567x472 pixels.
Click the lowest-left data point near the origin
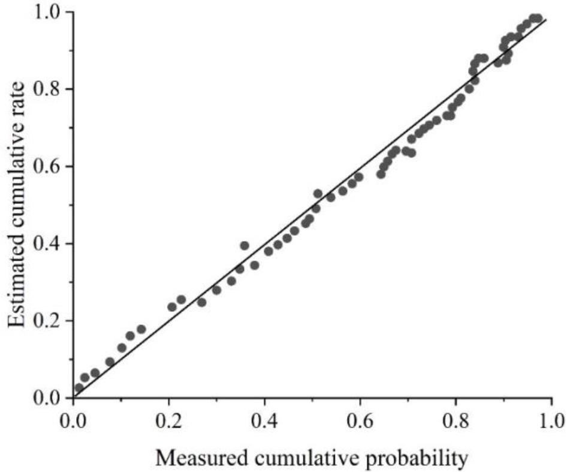point(79,388)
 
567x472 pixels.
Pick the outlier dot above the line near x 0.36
point(245,245)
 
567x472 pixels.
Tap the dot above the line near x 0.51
point(318,194)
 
